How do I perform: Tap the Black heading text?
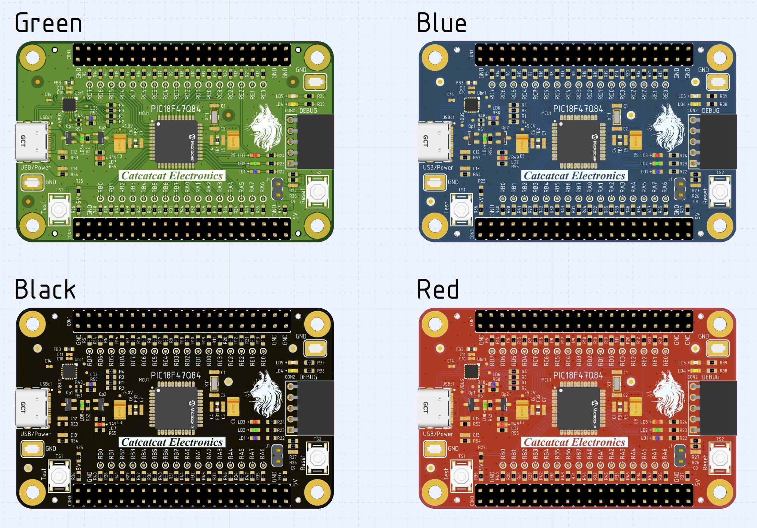coord(45,289)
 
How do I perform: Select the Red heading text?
coord(438,289)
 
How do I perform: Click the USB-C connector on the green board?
coord(32,141)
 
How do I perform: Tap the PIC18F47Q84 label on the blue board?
coord(578,109)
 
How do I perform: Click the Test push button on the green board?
coord(59,210)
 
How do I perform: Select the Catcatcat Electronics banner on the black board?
coord(172,442)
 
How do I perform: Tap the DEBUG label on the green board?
coord(308,111)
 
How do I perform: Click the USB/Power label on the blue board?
coord(438,168)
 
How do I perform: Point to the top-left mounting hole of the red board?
coord(434,324)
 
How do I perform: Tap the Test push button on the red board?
coord(461,477)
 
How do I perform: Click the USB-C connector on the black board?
coord(32,408)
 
